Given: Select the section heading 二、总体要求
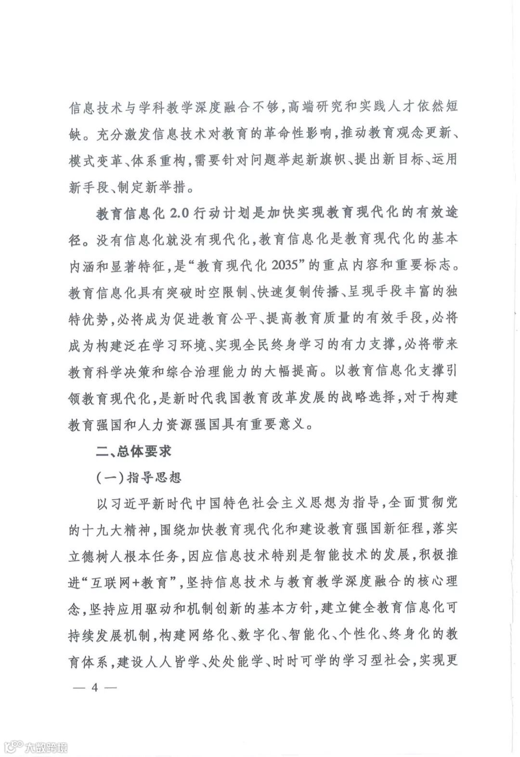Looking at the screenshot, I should coord(134,451).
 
